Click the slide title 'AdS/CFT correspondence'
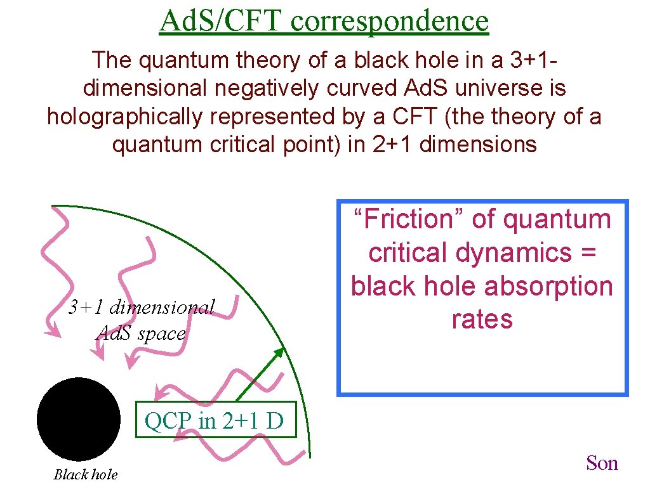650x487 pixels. click(x=324, y=20)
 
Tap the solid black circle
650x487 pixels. click(x=79, y=419)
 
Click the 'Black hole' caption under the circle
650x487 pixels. click(x=86, y=474)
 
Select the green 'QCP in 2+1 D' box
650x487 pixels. click(x=216, y=420)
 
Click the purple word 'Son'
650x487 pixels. click(x=602, y=464)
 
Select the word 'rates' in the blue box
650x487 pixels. click(x=482, y=319)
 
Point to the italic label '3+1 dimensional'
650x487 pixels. click(x=142, y=308)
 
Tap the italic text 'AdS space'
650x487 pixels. click(x=140, y=333)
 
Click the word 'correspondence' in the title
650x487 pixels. click(x=390, y=20)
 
